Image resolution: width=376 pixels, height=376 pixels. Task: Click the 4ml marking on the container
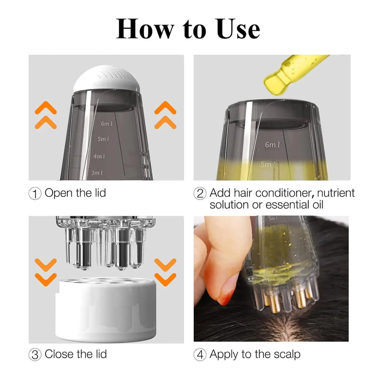coord(99,156)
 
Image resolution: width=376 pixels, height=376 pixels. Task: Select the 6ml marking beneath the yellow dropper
coord(272,145)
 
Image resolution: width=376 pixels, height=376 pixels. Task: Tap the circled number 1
coord(35,193)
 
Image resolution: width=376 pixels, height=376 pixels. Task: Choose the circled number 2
coord(200,193)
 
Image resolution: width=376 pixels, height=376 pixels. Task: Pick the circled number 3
coord(35,355)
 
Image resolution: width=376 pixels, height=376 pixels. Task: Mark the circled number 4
coord(200,355)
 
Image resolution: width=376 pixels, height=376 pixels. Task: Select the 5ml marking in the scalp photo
coord(272,218)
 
